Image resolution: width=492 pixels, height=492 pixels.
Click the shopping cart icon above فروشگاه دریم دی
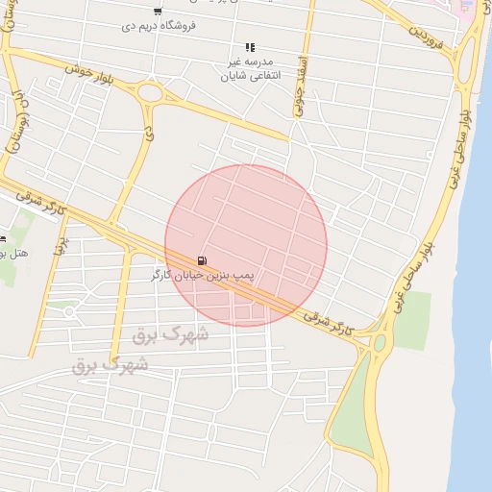pos(158,12)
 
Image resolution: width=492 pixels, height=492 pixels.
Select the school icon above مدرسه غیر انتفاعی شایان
pos(250,46)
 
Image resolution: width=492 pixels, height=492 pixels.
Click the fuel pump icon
pos(201,260)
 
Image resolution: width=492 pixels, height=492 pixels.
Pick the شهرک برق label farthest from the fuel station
pos(111,365)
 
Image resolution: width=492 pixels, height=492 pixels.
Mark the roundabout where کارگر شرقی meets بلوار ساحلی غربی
pos(380,342)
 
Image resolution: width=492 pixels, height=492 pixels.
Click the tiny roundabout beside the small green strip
pos(68,312)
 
